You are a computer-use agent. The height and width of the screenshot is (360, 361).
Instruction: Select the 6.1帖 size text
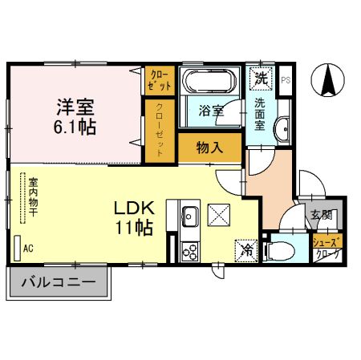76,126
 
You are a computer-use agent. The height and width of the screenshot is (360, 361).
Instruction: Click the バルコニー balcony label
59,282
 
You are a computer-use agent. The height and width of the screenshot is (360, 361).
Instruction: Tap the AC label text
28,249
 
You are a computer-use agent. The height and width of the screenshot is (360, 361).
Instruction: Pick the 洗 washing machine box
261,79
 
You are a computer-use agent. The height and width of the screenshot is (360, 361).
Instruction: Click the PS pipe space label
286,79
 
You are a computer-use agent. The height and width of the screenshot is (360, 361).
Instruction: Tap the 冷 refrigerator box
247,249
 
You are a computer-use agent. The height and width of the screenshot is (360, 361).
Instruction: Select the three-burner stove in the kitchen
191,251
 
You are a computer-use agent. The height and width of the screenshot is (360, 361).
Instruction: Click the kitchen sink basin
191,217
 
